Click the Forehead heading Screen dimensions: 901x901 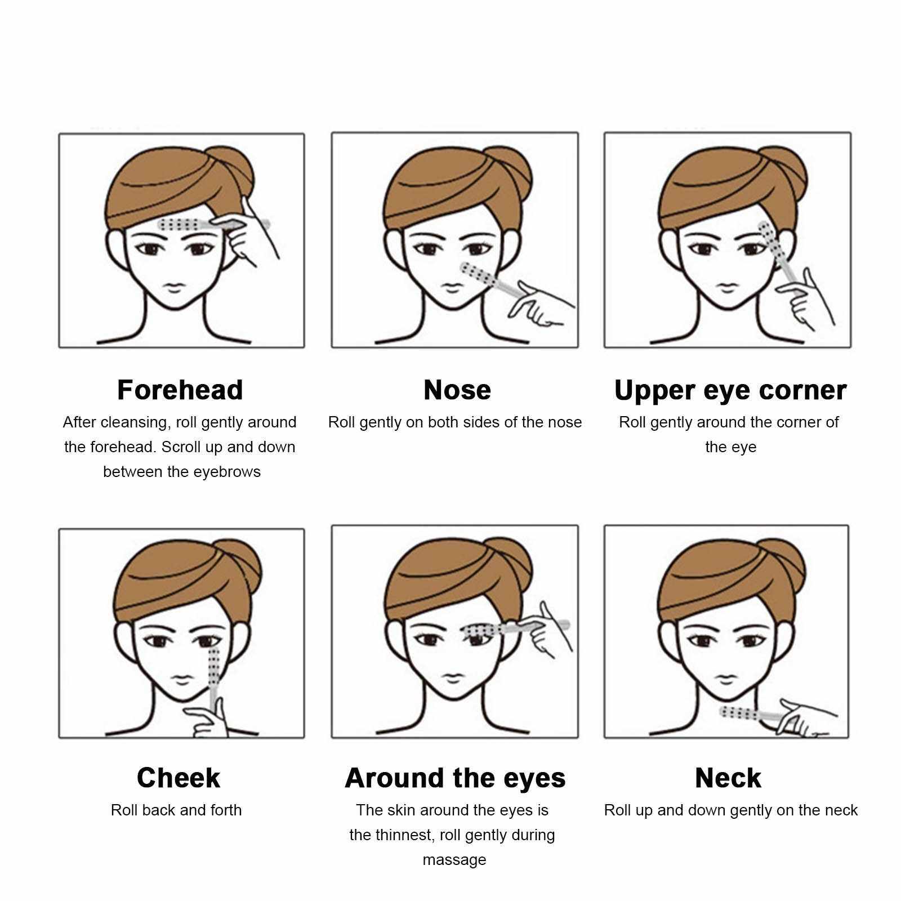180,390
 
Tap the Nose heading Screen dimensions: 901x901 457,390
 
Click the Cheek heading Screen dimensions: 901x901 178,778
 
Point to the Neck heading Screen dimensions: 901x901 728,778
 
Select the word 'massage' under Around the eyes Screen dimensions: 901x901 454,860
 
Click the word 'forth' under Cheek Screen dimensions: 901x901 226,810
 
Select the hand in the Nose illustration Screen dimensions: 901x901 538,304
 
